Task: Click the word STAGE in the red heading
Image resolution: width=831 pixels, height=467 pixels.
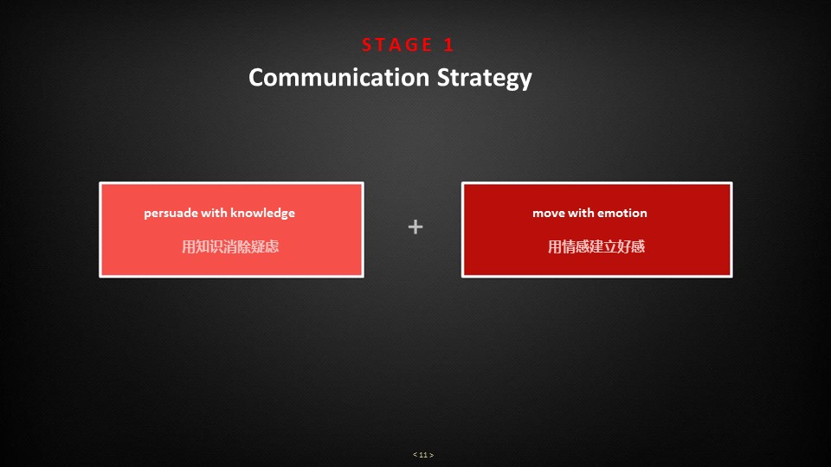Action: [397, 45]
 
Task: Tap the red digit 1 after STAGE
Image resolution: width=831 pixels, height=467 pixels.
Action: [448, 45]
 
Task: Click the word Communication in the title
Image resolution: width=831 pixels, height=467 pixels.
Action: [339, 77]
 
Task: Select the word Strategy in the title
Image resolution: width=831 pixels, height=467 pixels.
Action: [485, 79]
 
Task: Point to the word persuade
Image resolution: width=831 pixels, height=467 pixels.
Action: [171, 214]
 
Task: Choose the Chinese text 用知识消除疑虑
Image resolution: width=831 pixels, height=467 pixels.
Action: [230, 246]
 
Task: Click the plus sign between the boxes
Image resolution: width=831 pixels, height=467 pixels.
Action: [415, 227]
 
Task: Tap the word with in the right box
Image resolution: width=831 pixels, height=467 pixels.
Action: [581, 213]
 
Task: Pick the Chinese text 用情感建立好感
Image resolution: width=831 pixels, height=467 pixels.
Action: [596, 246]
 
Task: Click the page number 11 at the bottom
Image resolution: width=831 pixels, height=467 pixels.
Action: [423, 455]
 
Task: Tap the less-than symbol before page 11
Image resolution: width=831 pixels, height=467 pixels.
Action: [415, 455]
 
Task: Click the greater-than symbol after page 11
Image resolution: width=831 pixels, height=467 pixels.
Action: [431, 455]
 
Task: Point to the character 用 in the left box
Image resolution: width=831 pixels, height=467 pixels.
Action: [189, 246]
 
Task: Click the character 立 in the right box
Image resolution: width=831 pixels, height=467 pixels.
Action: [610, 246]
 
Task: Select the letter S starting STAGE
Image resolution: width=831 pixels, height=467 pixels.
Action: [367, 45]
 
